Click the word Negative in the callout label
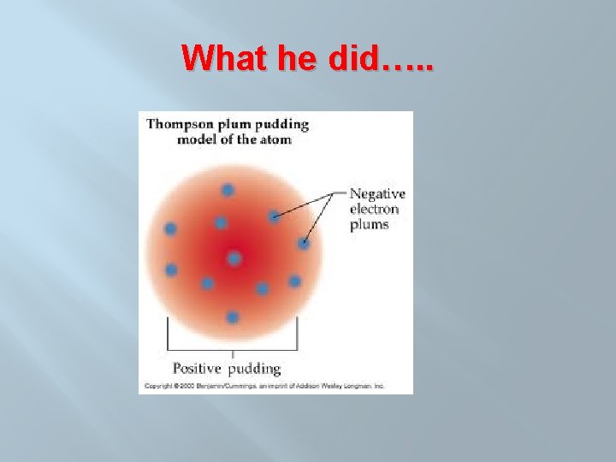point(377,194)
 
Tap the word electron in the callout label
point(374,210)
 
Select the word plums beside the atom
point(369,225)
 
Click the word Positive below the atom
point(196,369)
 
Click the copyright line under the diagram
point(264,386)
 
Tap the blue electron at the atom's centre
point(234,258)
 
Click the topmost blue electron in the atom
point(228,190)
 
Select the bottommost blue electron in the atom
point(233,317)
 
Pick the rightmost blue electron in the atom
point(304,244)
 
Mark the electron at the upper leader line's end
point(274,216)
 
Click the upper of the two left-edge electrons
point(170,228)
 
